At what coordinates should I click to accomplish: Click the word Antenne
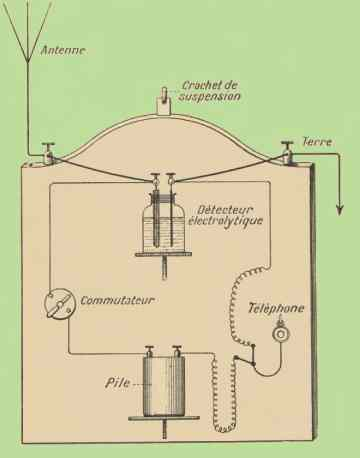pos(63,51)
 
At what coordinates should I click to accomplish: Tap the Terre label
pos(317,142)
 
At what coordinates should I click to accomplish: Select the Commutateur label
pos(118,300)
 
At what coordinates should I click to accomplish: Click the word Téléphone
pos(276,308)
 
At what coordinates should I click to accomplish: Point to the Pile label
pos(117,383)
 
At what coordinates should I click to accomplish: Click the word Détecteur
pos(225,210)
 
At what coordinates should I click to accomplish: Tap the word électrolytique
pos(225,221)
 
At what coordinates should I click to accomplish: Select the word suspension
pos(210,96)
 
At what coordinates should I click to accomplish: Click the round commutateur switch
pos(59,304)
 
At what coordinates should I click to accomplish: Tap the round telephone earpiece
pos(281,334)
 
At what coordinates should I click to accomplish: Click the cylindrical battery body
pos(164,386)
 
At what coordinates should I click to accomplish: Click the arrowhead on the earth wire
pos(340,210)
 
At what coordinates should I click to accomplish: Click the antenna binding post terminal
pos(49,153)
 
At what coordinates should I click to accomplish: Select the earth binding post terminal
pos(287,152)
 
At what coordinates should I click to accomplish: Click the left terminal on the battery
pos(149,351)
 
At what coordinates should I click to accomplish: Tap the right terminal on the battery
pos(176,351)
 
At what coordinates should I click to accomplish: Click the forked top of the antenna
pos(28,32)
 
